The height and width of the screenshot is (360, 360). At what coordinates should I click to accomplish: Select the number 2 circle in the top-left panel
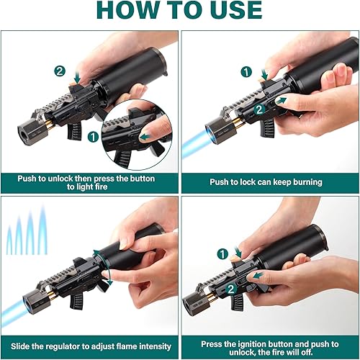pyautogui.click(x=60, y=71)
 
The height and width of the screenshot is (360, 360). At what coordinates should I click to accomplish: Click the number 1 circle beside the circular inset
pyautogui.click(x=93, y=137)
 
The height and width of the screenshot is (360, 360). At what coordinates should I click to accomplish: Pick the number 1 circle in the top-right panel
pyautogui.click(x=246, y=72)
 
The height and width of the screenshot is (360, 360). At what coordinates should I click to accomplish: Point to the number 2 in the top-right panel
pyautogui.click(x=259, y=110)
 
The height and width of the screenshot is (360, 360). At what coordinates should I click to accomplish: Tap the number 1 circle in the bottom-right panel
pyautogui.click(x=222, y=254)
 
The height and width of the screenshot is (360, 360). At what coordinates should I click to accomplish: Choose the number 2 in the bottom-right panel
pyautogui.click(x=231, y=289)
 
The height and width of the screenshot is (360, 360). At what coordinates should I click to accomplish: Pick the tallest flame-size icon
pyautogui.click(x=42, y=229)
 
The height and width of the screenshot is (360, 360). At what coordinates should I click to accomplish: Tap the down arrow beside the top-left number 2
pyautogui.click(x=77, y=78)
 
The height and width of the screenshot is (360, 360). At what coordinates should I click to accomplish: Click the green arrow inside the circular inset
pyautogui.click(x=144, y=137)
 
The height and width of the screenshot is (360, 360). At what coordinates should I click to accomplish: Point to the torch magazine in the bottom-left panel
pyautogui.click(x=76, y=300)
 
